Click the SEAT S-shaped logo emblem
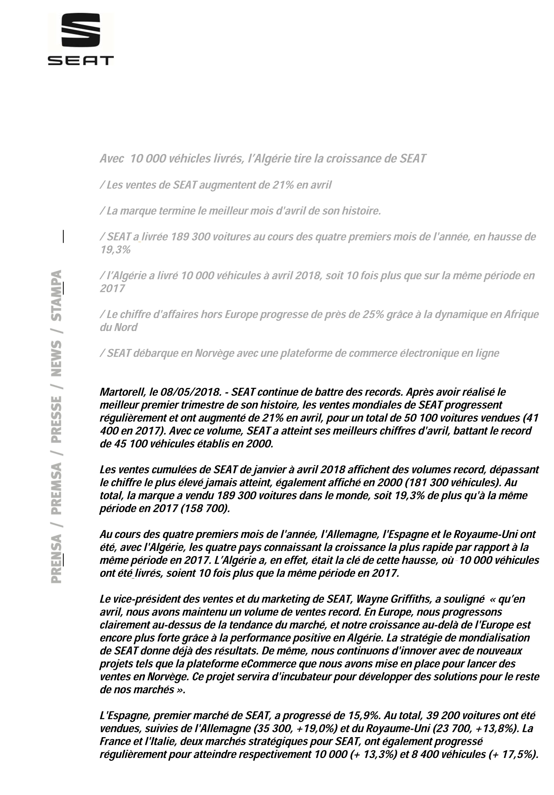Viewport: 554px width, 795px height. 80,31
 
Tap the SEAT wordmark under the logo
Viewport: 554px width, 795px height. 80,61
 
